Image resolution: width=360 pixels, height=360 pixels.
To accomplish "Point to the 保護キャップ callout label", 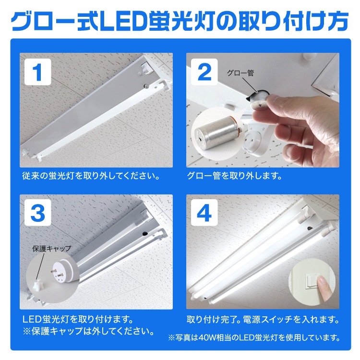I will point(51,248).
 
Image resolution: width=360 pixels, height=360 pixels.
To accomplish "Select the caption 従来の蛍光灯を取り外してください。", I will point(90,176).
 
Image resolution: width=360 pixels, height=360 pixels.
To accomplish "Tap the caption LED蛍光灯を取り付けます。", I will point(77,319).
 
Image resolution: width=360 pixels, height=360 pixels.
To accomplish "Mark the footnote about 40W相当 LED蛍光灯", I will point(254,337).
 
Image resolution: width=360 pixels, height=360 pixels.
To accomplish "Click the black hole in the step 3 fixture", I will point(144,233).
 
